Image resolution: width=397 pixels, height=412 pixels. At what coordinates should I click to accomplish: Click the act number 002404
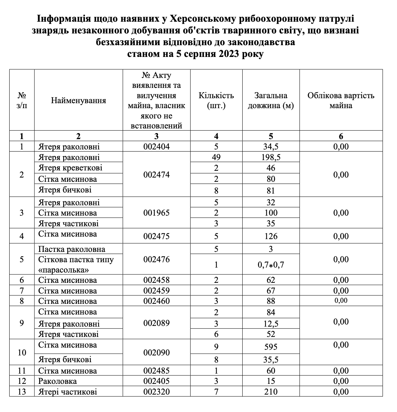157,147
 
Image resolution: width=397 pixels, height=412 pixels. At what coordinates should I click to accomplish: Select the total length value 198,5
271,158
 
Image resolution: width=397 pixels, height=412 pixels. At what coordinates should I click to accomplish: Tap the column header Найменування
78,100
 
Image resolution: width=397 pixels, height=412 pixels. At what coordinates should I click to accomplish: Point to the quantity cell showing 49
216,157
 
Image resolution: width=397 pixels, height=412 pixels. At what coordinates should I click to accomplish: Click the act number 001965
157,213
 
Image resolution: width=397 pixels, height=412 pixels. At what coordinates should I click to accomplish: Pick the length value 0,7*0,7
271,265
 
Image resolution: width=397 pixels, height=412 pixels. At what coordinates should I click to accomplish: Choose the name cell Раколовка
58,381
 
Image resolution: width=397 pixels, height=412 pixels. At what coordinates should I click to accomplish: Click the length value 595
271,347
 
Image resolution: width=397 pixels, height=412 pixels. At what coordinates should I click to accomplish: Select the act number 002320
157,392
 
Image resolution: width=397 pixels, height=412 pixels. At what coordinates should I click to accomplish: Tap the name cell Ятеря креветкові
70,168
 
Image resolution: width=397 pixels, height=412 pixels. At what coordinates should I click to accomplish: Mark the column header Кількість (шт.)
216,100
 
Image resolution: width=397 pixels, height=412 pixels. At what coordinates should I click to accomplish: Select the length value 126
271,236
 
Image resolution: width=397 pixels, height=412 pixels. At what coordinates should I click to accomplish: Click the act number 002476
157,259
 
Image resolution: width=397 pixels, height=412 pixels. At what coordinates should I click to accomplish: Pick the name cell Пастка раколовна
72,249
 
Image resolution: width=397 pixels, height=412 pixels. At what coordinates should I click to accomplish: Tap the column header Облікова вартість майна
341,100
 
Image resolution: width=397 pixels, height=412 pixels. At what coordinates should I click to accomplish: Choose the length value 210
271,392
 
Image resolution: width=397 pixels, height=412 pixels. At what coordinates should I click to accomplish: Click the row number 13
22,392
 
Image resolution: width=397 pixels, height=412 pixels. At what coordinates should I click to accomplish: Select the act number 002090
157,353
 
